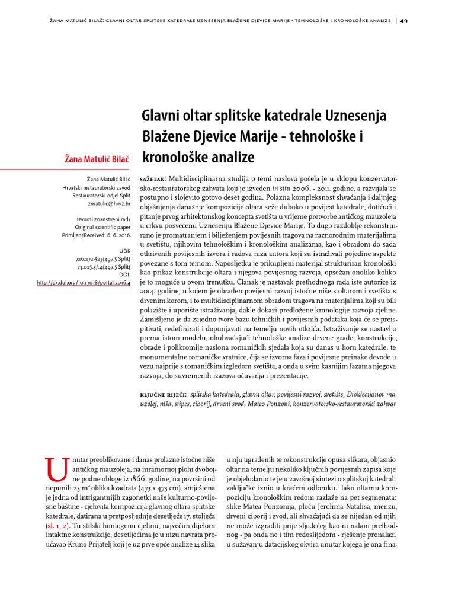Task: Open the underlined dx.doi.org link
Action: point(84,283)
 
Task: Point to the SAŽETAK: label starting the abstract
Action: point(153,178)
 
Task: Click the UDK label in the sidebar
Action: point(125,251)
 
